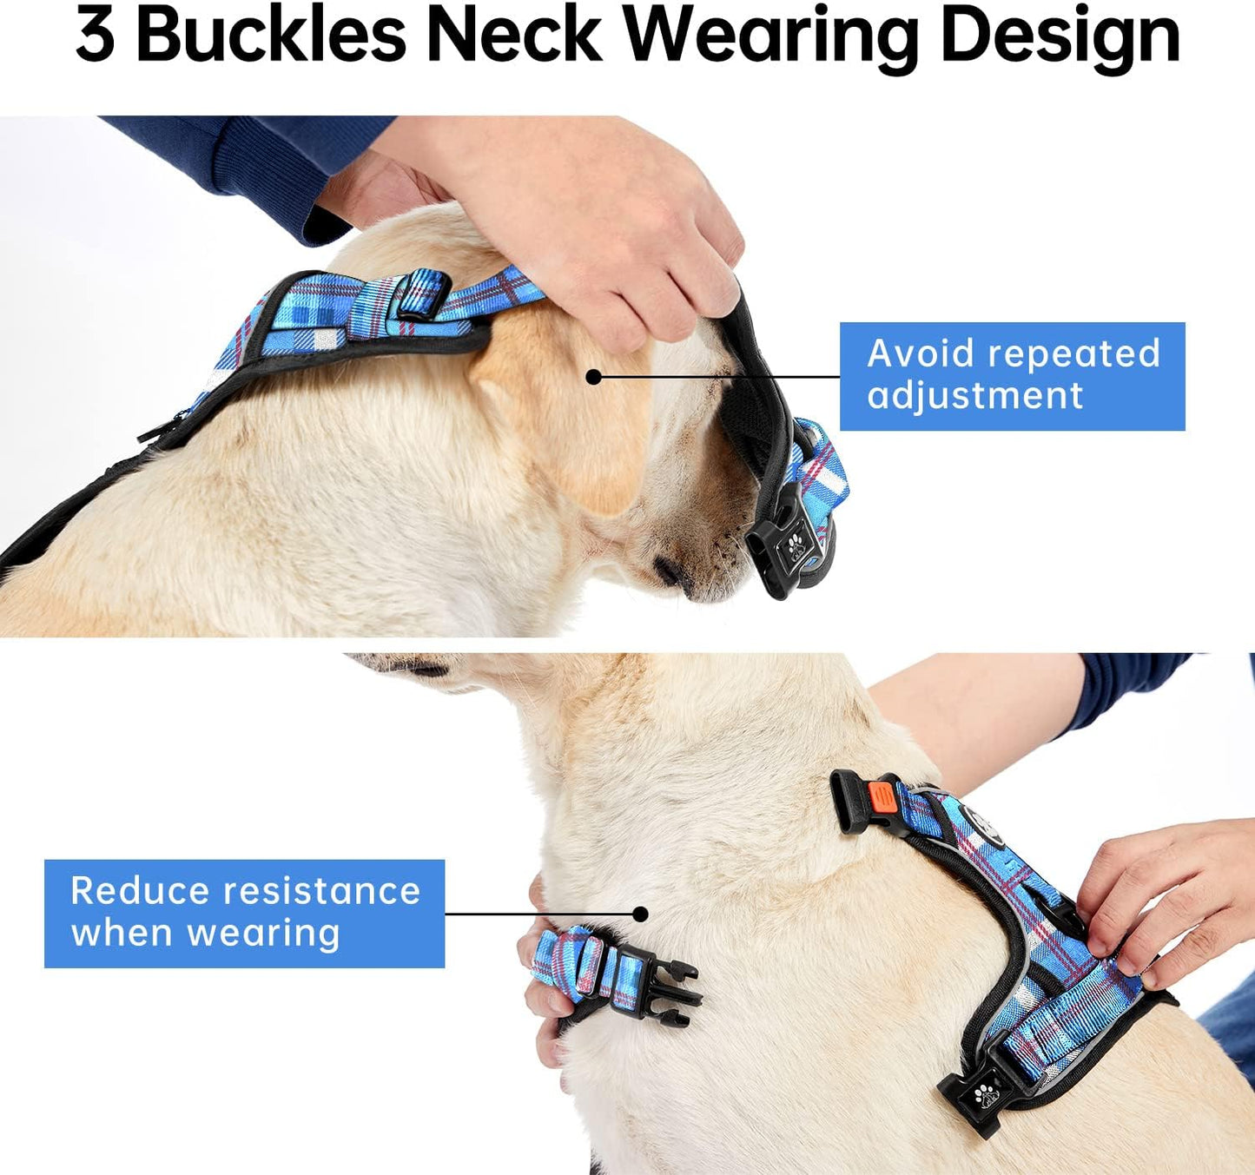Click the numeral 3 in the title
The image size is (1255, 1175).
coord(95,36)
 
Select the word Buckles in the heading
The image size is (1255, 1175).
coord(270,36)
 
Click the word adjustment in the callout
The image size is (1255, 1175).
coord(974,396)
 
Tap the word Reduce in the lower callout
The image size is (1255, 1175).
coord(139,891)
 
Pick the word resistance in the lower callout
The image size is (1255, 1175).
coord(321,891)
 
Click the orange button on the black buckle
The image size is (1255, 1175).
coord(880,795)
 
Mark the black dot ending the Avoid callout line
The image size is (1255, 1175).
coord(593,377)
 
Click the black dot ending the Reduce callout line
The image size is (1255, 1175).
coord(640,914)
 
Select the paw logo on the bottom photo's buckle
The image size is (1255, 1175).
coord(985,1095)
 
